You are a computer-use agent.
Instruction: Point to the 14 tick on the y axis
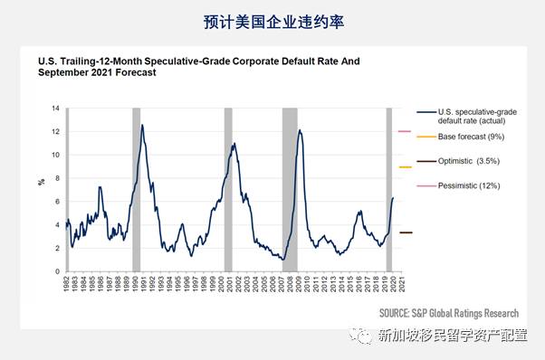point(56,109)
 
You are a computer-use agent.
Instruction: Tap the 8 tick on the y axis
point(56,178)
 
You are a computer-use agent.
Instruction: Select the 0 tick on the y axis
point(56,271)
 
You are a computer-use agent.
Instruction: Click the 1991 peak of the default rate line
point(142,126)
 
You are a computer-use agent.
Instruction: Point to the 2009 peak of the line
point(300,131)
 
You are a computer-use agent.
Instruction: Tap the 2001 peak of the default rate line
point(234,144)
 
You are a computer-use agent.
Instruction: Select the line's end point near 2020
point(394,198)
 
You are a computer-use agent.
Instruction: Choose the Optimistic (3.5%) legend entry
point(469,161)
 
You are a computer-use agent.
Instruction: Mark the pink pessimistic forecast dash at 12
point(406,132)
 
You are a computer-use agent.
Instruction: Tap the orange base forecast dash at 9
point(406,167)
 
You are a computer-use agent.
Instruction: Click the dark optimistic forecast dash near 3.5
point(406,232)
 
